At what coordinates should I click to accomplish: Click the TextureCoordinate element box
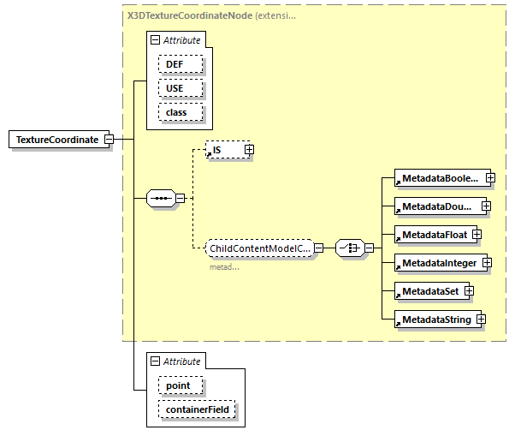(56, 140)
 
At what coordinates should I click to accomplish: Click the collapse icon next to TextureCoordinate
(110, 140)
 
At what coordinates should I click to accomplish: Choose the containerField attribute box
(195, 410)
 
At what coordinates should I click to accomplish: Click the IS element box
(224, 150)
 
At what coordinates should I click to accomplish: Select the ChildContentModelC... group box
(259, 248)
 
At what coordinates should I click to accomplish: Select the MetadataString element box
(435, 320)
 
